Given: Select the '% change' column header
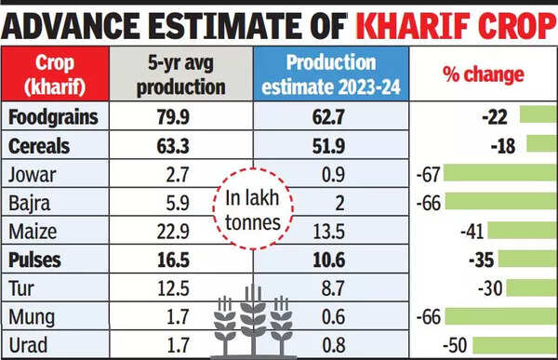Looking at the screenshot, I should coord(483,74).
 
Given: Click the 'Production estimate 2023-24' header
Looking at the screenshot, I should coord(329,74).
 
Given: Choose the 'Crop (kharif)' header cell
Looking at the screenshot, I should coord(57,74).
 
